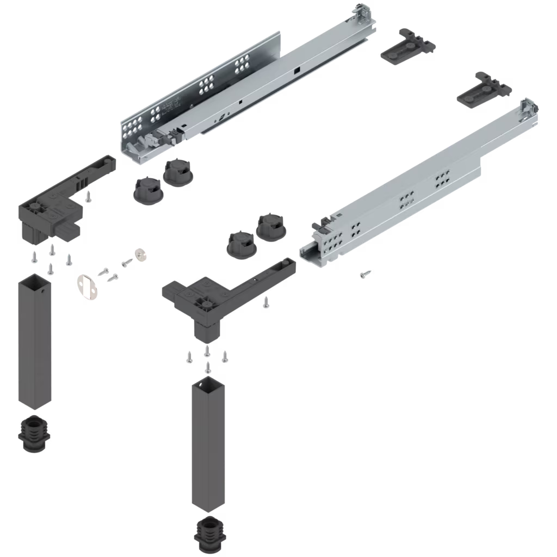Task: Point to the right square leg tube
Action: [x=208, y=446]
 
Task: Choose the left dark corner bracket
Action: [x=54, y=207]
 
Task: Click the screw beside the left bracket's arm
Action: [x=89, y=196]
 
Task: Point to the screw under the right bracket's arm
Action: [x=265, y=301]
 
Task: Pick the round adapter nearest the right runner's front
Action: [x=270, y=226]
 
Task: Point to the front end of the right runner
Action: [x=318, y=250]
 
